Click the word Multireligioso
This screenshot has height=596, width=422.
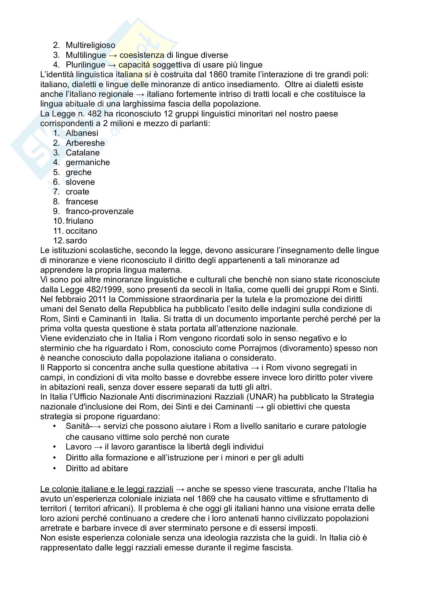(x=90, y=45)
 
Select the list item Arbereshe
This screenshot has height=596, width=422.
(x=85, y=143)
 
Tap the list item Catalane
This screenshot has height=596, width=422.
(x=83, y=153)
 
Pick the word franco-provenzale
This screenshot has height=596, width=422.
(x=100, y=211)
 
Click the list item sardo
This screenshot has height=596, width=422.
(x=76, y=241)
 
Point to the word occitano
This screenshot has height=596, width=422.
(x=81, y=231)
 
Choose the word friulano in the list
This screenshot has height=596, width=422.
(x=80, y=221)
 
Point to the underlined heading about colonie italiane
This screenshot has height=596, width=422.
(x=107, y=489)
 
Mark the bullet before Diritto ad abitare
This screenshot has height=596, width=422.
(x=55, y=469)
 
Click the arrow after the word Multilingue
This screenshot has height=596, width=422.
(x=113, y=55)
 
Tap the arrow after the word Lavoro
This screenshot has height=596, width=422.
(x=98, y=447)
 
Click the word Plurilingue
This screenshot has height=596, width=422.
(x=85, y=65)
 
